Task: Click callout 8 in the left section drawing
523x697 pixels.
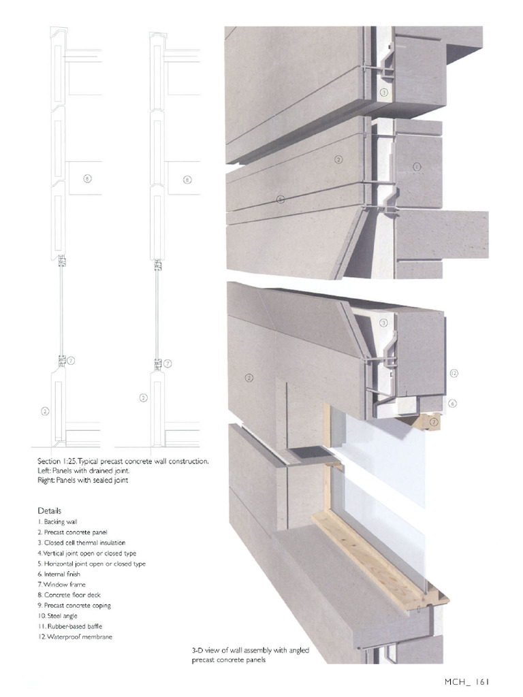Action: (87, 179)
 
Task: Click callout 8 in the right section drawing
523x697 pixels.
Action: (187, 180)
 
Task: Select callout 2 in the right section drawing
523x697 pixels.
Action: (144, 398)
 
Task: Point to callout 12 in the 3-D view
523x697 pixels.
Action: (454, 373)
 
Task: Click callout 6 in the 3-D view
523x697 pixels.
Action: (452, 403)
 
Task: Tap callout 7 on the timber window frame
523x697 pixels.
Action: (434, 422)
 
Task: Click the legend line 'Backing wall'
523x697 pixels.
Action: (62, 521)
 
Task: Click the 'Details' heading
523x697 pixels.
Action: (50, 510)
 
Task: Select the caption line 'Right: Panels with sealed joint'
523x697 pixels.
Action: (83, 481)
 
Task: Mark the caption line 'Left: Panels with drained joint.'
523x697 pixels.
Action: (83, 471)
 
